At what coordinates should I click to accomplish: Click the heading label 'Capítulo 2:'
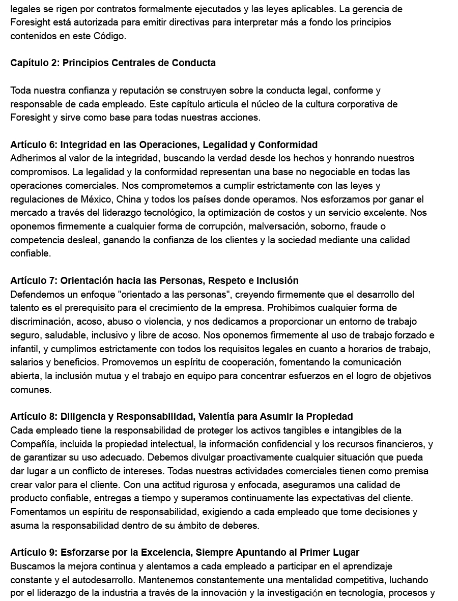tap(34, 63)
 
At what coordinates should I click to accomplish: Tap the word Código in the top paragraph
tap(109, 36)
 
